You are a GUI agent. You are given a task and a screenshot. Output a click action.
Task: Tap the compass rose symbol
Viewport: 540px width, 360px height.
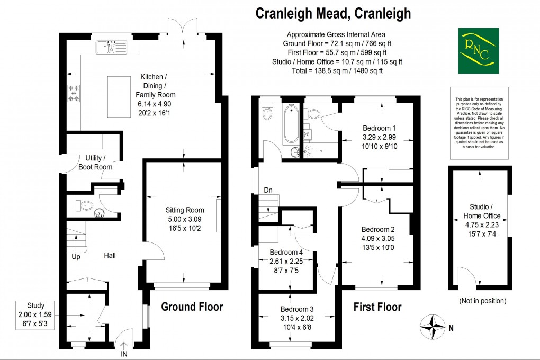point(434,327)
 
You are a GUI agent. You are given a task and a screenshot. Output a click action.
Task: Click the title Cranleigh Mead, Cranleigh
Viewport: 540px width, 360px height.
point(333,13)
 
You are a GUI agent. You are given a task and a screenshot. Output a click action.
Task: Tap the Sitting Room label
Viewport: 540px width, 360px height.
point(182,209)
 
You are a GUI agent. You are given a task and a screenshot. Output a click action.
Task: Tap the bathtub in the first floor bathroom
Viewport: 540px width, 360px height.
point(290,125)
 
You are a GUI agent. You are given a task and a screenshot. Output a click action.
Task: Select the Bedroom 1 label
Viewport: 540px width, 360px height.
point(379,128)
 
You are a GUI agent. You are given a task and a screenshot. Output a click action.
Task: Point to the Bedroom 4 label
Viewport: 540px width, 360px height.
point(286,252)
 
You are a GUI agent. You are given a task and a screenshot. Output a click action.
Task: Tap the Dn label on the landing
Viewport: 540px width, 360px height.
point(269,190)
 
